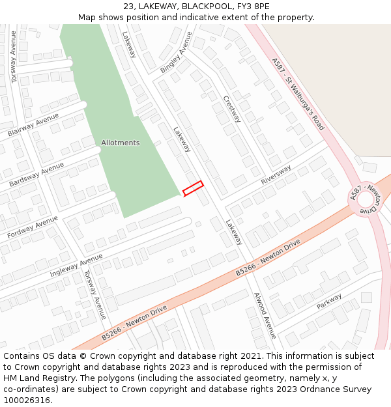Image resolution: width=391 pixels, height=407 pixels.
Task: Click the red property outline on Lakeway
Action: click(x=193, y=188)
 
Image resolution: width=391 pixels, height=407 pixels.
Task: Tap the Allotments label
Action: click(x=120, y=143)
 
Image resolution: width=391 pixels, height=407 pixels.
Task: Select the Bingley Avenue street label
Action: click(x=176, y=52)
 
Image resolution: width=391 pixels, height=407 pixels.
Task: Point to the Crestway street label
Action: click(x=231, y=109)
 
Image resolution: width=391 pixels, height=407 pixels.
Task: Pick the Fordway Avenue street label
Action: click(x=33, y=227)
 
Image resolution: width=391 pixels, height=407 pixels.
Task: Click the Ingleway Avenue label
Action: click(x=76, y=265)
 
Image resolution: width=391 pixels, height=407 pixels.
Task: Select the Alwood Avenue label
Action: click(x=265, y=315)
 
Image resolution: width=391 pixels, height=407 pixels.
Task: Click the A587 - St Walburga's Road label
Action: click(x=297, y=94)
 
